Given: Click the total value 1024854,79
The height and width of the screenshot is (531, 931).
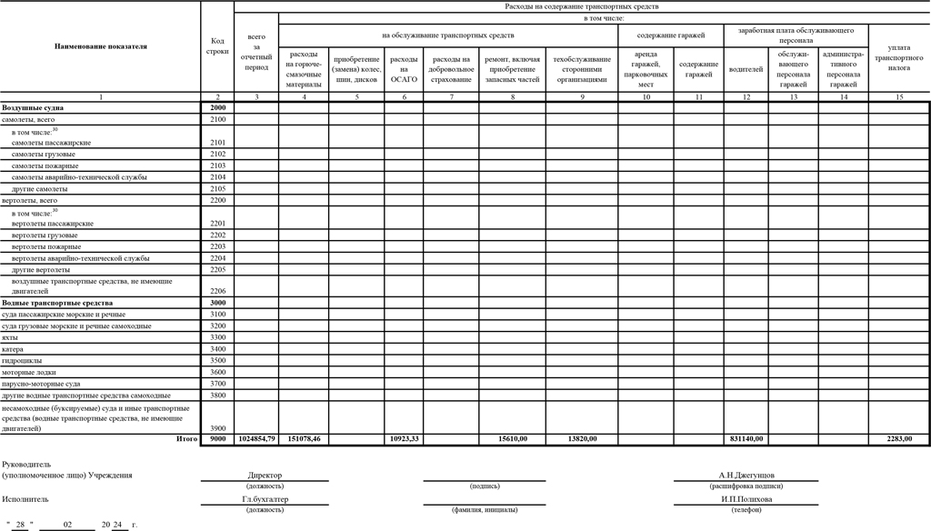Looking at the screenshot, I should point(256,439).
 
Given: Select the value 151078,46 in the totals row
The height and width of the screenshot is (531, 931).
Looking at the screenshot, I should point(305,439).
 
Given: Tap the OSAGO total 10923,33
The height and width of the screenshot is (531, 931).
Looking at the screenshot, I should point(403,439).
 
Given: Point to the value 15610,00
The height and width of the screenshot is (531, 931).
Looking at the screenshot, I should point(513,439).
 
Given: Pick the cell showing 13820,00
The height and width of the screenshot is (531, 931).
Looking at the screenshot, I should point(581,439).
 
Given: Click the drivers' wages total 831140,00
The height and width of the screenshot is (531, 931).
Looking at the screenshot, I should point(746,439).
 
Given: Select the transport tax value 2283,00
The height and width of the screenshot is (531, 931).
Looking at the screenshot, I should point(898,439).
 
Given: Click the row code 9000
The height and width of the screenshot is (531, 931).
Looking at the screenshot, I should point(217,439).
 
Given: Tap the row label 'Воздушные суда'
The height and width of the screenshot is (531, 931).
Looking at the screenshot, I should point(27,107).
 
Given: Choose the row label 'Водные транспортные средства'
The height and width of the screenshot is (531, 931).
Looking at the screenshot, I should point(57,302).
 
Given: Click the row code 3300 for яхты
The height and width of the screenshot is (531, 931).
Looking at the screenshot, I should point(217,337).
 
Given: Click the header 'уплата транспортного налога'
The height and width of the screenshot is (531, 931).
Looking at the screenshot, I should point(898,56).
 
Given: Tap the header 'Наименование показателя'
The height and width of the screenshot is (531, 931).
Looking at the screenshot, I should point(100,45).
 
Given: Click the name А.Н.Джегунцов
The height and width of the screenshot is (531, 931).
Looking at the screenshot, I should point(746,475).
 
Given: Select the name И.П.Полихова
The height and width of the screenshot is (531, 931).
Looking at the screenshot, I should point(746,498).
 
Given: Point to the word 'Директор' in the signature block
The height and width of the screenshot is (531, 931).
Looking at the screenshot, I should point(265,475).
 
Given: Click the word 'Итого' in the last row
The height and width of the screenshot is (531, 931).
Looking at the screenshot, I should point(186,439).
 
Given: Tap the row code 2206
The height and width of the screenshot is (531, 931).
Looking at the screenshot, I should point(217,291).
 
